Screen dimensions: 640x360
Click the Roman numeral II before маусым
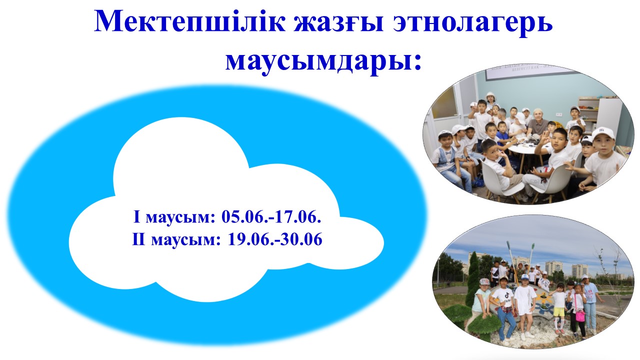138,239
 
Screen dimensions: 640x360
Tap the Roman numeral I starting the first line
137,217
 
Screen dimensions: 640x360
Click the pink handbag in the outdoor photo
580,315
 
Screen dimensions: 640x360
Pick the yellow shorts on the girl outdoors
559,311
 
